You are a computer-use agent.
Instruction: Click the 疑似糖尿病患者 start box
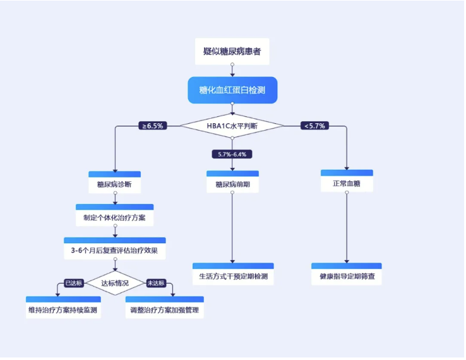click(x=232, y=51)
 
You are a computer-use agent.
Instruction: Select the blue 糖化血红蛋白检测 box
click(x=232, y=90)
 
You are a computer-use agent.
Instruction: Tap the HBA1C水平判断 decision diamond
click(x=232, y=126)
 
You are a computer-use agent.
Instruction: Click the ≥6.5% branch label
click(x=152, y=126)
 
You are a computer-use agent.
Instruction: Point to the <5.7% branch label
click(x=314, y=126)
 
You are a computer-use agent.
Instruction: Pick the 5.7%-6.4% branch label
click(x=232, y=154)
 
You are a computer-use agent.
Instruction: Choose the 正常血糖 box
click(x=346, y=182)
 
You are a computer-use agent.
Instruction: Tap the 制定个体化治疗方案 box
click(x=114, y=216)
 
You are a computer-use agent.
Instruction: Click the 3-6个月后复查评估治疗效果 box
click(x=114, y=249)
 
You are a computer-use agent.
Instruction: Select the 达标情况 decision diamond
click(x=114, y=283)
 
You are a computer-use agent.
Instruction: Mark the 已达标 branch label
click(x=74, y=283)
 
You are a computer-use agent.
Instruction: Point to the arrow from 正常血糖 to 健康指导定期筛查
click(x=346, y=227)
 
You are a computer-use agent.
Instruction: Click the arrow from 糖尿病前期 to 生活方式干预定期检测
click(x=232, y=227)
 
